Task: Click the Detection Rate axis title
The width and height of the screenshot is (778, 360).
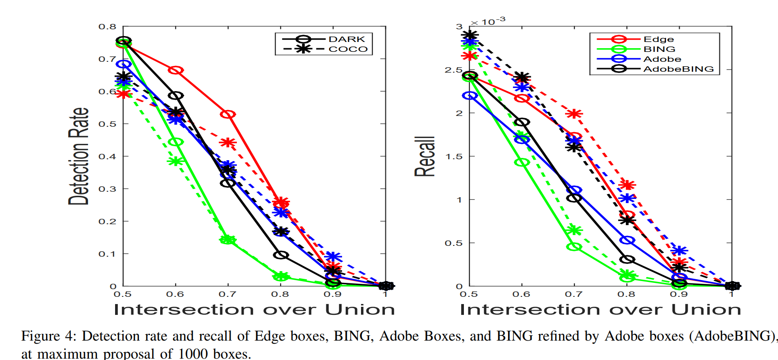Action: [x=79, y=156]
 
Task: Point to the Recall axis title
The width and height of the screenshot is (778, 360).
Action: [x=425, y=156]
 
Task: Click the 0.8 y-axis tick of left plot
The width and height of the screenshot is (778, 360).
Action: [x=107, y=27]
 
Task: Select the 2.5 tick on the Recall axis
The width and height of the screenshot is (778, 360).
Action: [x=454, y=70]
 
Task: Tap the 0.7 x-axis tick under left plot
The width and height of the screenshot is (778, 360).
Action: [x=227, y=294]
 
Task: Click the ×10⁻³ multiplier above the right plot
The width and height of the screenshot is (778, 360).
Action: [x=488, y=21]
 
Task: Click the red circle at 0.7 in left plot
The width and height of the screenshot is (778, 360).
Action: [x=228, y=115]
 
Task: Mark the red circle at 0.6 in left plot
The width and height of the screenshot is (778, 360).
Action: [x=176, y=70]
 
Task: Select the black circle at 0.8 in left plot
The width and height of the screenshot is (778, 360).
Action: [x=281, y=255]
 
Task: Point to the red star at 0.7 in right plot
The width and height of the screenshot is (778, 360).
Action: [x=574, y=114]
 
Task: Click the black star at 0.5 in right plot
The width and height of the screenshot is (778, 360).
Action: [x=470, y=35]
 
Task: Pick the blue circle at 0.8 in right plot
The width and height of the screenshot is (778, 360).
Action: [x=627, y=240]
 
